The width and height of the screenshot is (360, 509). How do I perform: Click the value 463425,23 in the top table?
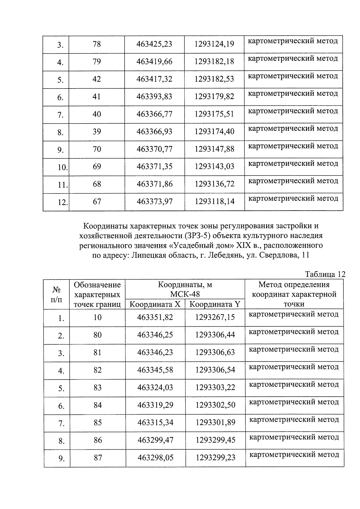pyautogui.click(x=154, y=44)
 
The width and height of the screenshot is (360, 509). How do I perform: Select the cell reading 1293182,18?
pyautogui.click(x=214, y=62)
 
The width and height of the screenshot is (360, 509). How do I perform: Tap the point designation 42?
pyautogui.click(x=97, y=79)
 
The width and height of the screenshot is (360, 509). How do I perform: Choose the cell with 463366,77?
pyautogui.click(x=154, y=114)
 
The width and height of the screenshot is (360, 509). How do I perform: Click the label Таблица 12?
pyautogui.click(x=325, y=274)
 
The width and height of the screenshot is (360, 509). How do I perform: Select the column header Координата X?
pyautogui.click(x=155, y=304)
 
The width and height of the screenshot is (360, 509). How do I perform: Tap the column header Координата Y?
pyautogui.click(x=215, y=304)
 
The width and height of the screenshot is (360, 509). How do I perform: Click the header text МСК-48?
pyautogui.click(x=185, y=294)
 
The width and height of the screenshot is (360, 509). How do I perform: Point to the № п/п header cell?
pyautogui.click(x=56, y=295)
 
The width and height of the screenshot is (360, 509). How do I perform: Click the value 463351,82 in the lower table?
pyautogui.click(x=155, y=317)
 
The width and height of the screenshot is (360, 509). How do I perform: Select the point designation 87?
pyautogui.click(x=98, y=458)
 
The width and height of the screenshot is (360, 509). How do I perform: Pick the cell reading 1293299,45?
pyautogui.click(x=215, y=440)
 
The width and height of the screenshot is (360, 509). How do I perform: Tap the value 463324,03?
pyautogui.click(x=155, y=388)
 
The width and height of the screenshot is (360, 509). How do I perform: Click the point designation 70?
pyautogui.click(x=97, y=149)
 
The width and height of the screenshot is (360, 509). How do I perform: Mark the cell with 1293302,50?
pyautogui.click(x=215, y=405)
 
